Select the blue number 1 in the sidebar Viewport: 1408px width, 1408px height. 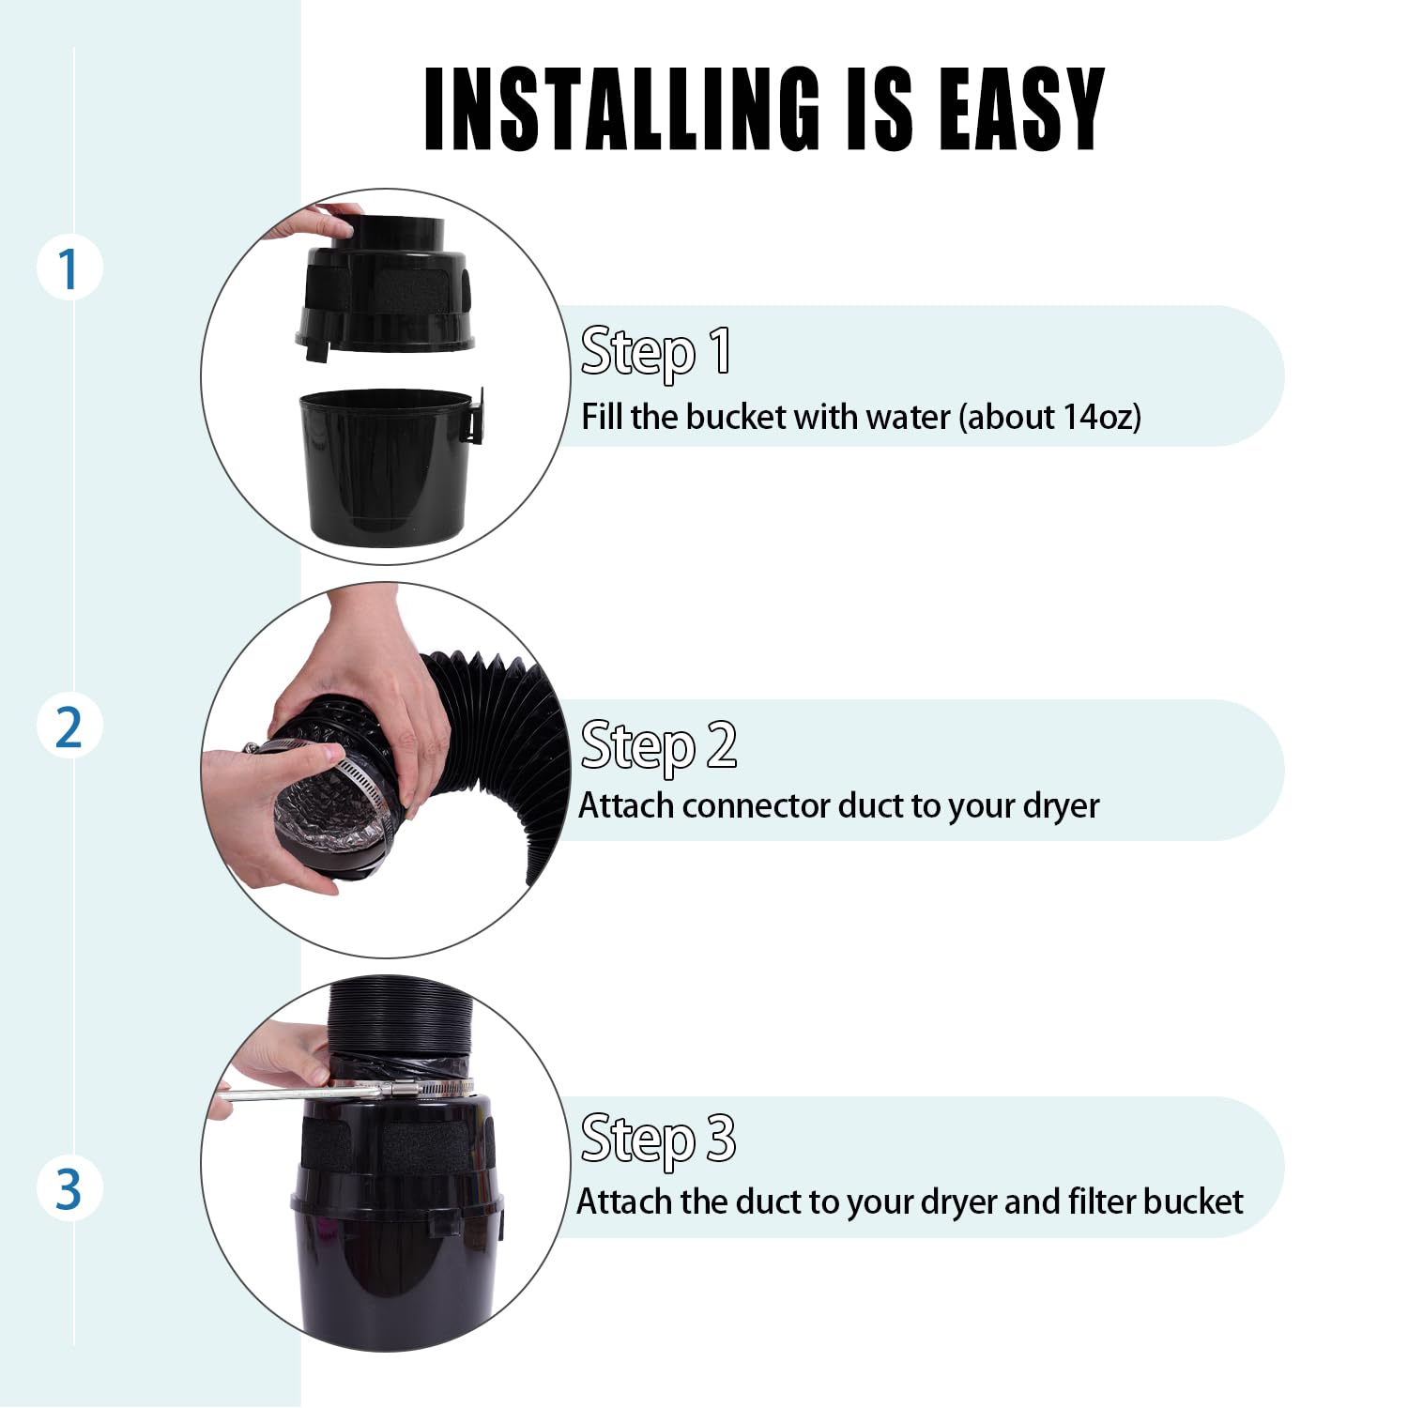click(x=69, y=269)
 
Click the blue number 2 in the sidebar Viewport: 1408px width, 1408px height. click(x=69, y=727)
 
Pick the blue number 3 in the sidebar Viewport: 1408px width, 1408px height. click(x=69, y=1188)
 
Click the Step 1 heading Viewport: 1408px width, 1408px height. click(x=655, y=352)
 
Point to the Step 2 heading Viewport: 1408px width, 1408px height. click(x=658, y=746)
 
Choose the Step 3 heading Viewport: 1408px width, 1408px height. click(x=658, y=1139)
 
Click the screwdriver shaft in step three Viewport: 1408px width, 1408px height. click(x=291, y=1094)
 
